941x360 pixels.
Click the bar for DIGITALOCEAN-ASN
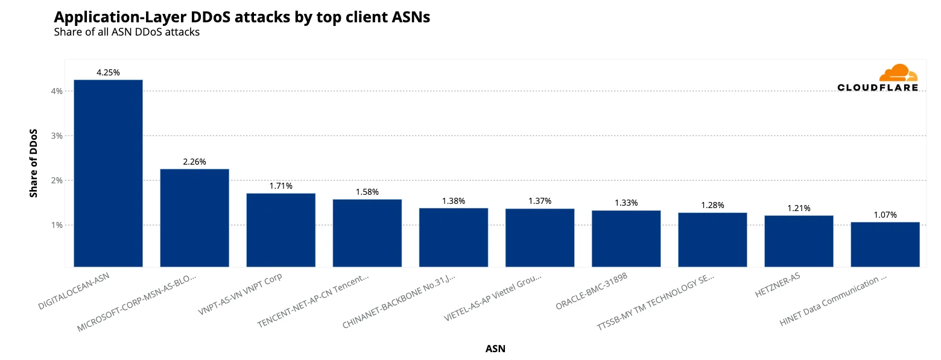108,173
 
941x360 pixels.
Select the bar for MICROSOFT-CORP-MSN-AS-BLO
194,218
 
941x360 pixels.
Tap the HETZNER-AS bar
799,241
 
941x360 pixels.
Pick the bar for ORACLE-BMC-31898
626,238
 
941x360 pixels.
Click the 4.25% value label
108,72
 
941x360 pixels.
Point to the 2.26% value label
194,162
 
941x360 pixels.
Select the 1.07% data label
885,215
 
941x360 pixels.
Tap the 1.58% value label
367,192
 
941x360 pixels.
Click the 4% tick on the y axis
57,91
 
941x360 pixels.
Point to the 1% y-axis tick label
57,225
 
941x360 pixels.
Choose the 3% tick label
57,136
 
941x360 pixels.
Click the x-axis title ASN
495,349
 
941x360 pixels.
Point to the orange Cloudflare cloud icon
898,73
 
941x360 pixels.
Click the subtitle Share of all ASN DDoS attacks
127,32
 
